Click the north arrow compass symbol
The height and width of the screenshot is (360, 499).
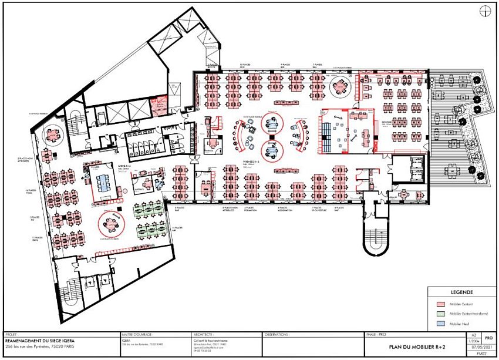[x=485, y=10]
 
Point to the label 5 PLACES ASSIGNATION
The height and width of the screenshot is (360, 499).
[x=284, y=209]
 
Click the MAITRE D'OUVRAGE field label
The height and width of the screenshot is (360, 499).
[x=135, y=334]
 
